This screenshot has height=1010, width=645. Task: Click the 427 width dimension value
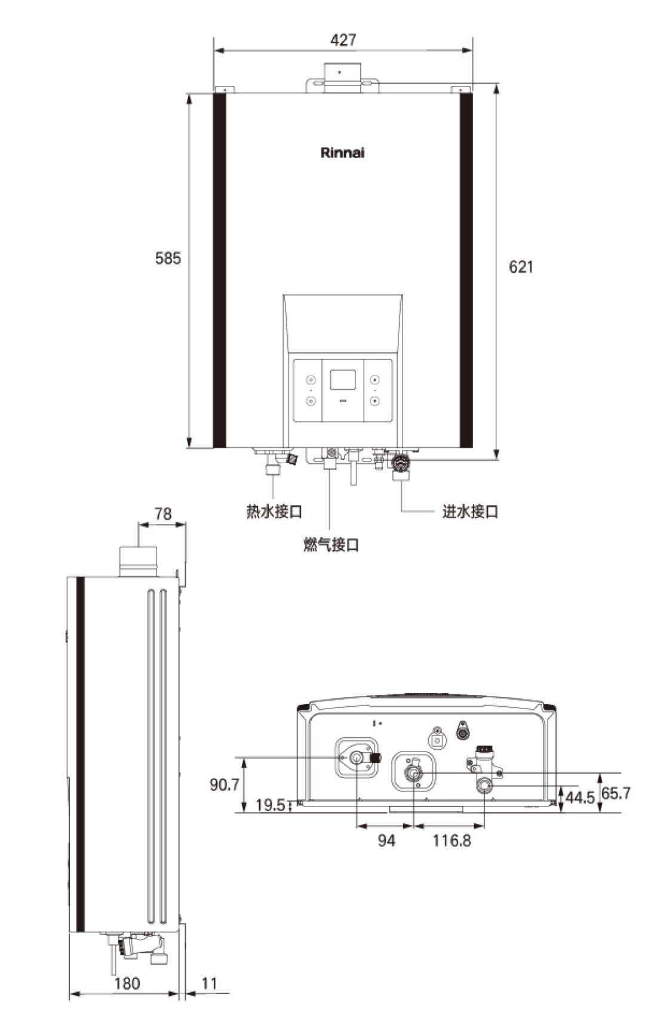pyautogui.click(x=343, y=40)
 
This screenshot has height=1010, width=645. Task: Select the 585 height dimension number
pyautogui.click(x=168, y=258)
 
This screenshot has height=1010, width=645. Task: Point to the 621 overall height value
pyautogui.click(x=521, y=267)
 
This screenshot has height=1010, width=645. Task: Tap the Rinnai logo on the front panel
pyautogui.click(x=342, y=153)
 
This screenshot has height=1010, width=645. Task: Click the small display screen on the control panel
pyautogui.click(x=343, y=380)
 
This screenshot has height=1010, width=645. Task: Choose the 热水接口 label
pyautogui.click(x=274, y=512)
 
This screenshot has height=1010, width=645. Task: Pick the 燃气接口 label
pyautogui.click(x=331, y=544)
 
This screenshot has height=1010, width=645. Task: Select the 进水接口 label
pyautogui.click(x=470, y=512)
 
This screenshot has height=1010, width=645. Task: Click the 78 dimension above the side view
pyautogui.click(x=163, y=513)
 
